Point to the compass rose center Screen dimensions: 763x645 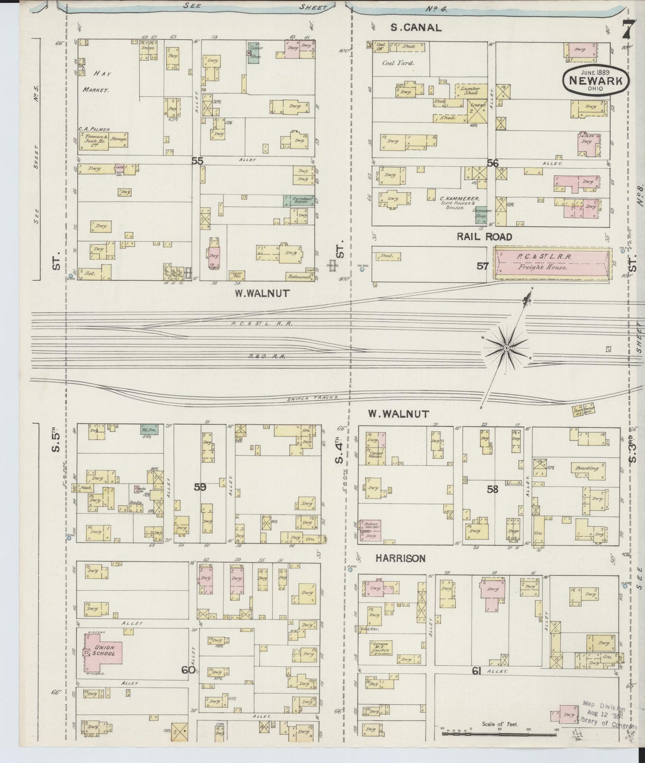coord(507,348)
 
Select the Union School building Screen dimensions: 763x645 coord(104,650)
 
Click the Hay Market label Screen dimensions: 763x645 coord(96,81)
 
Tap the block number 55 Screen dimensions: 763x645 coord(197,161)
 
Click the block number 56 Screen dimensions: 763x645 coord(492,163)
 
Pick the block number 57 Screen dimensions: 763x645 coord(482,266)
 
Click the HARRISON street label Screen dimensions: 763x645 coord(400,558)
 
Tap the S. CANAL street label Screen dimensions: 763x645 coord(416,28)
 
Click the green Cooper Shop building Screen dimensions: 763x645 coord(255,53)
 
